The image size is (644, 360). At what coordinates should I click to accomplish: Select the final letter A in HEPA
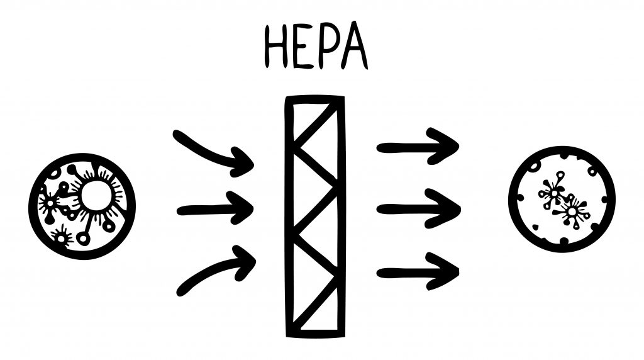(x=355, y=48)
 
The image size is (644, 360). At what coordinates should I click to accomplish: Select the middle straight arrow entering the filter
(x=214, y=210)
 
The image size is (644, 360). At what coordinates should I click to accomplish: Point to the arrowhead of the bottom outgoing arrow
(x=447, y=272)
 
